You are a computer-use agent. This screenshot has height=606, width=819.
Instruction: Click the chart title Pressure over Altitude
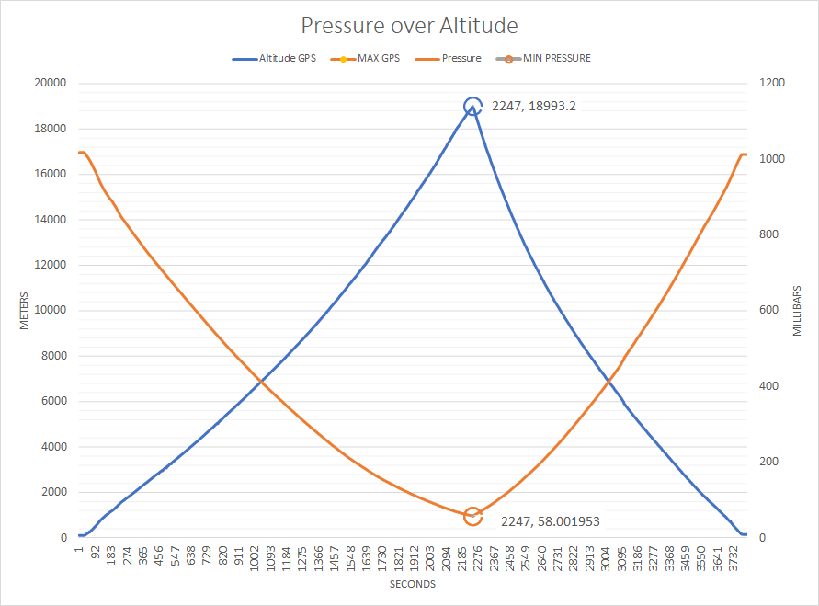click(409, 25)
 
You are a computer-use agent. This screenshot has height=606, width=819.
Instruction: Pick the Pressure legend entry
click(461, 58)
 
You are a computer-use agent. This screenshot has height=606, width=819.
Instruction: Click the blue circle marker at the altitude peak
click(472, 107)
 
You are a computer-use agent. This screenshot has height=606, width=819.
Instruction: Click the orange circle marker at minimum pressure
click(472, 516)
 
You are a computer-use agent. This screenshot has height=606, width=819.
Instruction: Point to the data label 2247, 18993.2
click(534, 106)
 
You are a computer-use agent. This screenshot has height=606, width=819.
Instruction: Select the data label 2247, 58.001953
click(551, 521)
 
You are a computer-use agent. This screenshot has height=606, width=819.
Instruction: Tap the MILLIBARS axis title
click(797, 310)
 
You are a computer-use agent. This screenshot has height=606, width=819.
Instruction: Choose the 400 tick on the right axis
click(768, 386)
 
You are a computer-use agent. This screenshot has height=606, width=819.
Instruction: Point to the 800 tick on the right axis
click(768, 234)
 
